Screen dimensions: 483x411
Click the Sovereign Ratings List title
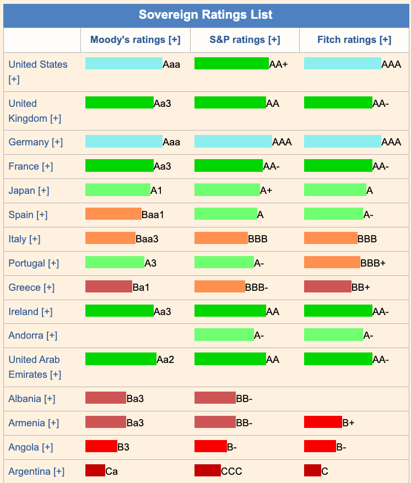(x=205, y=14)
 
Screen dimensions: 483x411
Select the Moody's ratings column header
(x=135, y=40)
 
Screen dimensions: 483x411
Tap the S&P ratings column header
(x=245, y=40)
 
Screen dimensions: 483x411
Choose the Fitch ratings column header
(x=354, y=40)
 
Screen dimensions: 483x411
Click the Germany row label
(x=36, y=142)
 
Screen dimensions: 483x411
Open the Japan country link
(x=29, y=191)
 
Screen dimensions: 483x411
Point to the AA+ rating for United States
(x=279, y=64)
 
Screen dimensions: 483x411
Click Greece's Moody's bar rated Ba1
(x=109, y=287)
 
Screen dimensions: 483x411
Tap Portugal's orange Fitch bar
(x=332, y=263)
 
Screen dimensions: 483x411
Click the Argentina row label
(x=36, y=471)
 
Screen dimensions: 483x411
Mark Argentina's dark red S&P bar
(x=207, y=471)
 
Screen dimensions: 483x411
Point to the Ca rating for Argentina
(x=111, y=471)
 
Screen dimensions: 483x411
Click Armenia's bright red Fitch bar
(x=323, y=422)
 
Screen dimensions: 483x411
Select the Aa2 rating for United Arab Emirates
(x=165, y=360)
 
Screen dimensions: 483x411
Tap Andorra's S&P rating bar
(x=224, y=335)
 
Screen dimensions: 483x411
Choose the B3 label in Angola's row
(x=123, y=447)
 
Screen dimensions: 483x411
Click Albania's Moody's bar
(x=106, y=398)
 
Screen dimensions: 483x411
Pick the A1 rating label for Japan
(x=156, y=191)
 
